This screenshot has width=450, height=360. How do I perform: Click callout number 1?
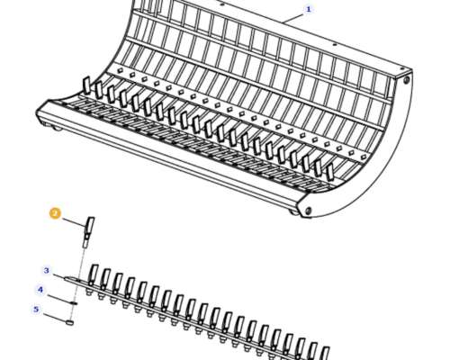[308, 9]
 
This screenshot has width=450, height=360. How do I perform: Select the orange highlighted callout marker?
[55, 213]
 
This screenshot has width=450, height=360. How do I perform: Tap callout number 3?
[46, 271]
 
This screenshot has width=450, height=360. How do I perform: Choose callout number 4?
[40, 290]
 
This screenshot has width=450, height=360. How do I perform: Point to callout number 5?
[36, 310]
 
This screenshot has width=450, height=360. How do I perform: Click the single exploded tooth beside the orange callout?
[88, 232]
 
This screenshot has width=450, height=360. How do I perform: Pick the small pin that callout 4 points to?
[74, 302]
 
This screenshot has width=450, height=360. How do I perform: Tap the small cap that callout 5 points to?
[69, 323]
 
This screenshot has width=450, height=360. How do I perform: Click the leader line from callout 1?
[293, 17]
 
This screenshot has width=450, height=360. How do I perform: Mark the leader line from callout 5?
[55, 318]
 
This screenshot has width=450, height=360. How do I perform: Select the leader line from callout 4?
[59, 299]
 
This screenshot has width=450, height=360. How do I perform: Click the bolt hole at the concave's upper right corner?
[406, 80]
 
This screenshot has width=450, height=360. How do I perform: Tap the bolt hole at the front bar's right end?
[308, 210]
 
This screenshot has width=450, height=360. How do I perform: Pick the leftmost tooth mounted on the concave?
[86, 85]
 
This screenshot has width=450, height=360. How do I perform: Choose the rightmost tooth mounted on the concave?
[330, 172]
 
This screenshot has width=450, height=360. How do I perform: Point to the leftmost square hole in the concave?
[121, 70]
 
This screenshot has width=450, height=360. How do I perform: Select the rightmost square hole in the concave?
[364, 157]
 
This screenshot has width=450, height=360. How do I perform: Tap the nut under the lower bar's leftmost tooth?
[88, 291]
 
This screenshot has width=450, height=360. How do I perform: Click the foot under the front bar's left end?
[57, 129]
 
